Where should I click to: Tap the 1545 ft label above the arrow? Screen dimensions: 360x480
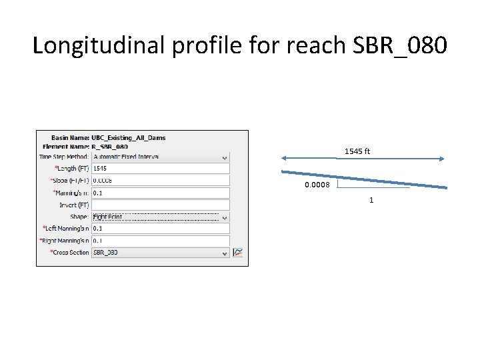[357, 151]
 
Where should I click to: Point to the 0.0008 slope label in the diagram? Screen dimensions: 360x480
[317, 185]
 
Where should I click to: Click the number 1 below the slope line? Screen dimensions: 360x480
[371, 200]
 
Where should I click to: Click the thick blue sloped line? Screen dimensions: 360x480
[373, 180]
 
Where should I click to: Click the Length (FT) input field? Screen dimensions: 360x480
[160, 169]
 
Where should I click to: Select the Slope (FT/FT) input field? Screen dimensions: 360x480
[160, 181]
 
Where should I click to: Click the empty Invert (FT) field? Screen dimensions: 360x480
[160, 205]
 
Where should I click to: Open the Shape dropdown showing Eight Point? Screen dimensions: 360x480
[160, 217]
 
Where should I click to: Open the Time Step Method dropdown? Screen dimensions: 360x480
[160, 157]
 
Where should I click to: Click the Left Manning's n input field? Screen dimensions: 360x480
[160, 229]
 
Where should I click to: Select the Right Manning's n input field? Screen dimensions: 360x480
[160, 241]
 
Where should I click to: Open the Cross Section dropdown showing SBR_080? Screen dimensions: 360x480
[160, 253]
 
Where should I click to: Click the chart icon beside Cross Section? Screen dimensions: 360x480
[238, 253]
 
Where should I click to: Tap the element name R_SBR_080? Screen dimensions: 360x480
[110, 147]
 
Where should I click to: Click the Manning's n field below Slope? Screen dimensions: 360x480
[160, 193]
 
